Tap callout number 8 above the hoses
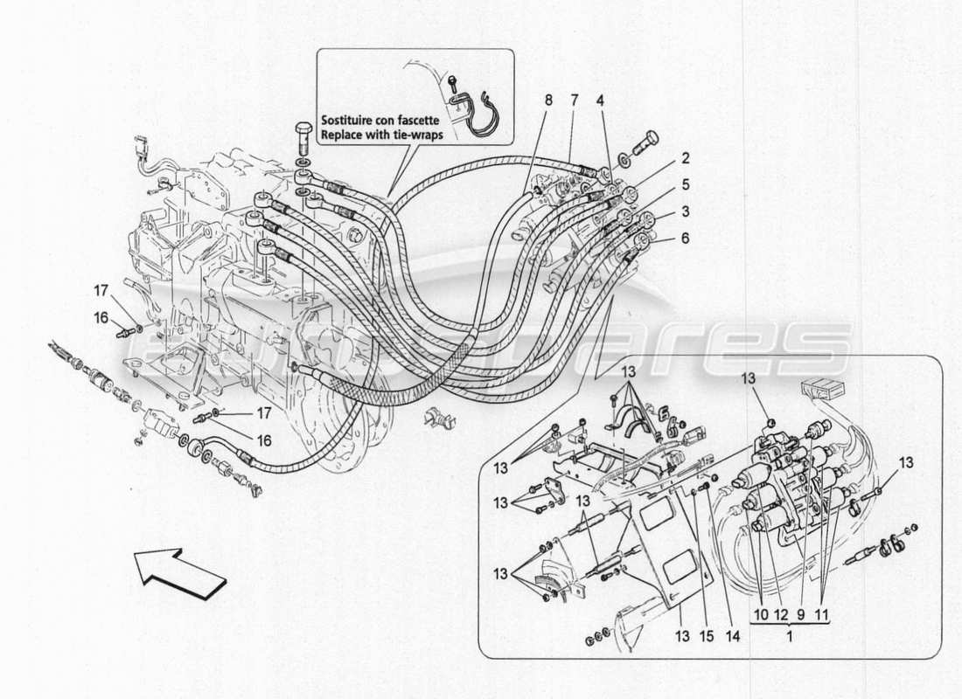pos(548,100)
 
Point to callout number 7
pos(574,100)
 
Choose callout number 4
pos(601,100)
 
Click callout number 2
pos(686,158)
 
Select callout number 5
pos(686,184)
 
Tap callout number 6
pos(686,237)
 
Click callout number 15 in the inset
pos(704,613)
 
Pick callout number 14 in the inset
pos(733,613)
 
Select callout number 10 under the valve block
pos(760,613)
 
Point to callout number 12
pos(780,613)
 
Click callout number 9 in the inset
pos(800,613)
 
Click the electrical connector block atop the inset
pos(823,390)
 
